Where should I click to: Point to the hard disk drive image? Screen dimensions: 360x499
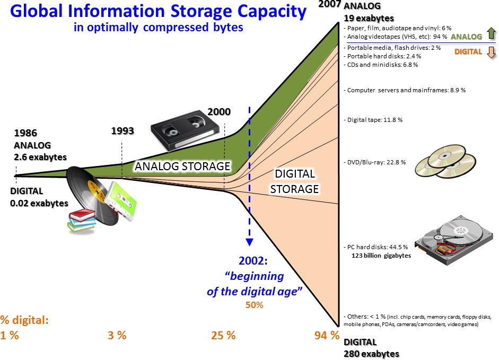pos(457,238)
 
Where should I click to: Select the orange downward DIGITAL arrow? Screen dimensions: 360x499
pos(491,52)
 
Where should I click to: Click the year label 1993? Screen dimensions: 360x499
pos(122,131)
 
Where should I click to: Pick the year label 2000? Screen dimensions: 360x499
pos(219,112)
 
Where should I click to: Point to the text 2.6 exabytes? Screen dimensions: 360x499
pos(40,157)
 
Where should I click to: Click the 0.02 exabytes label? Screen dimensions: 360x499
pos(39,203)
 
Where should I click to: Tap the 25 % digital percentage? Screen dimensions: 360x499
pos(223,335)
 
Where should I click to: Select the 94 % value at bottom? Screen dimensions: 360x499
pos(327,335)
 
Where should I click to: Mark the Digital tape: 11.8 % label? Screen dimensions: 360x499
pos(374,120)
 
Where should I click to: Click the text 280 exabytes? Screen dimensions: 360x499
pos(372,353)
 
